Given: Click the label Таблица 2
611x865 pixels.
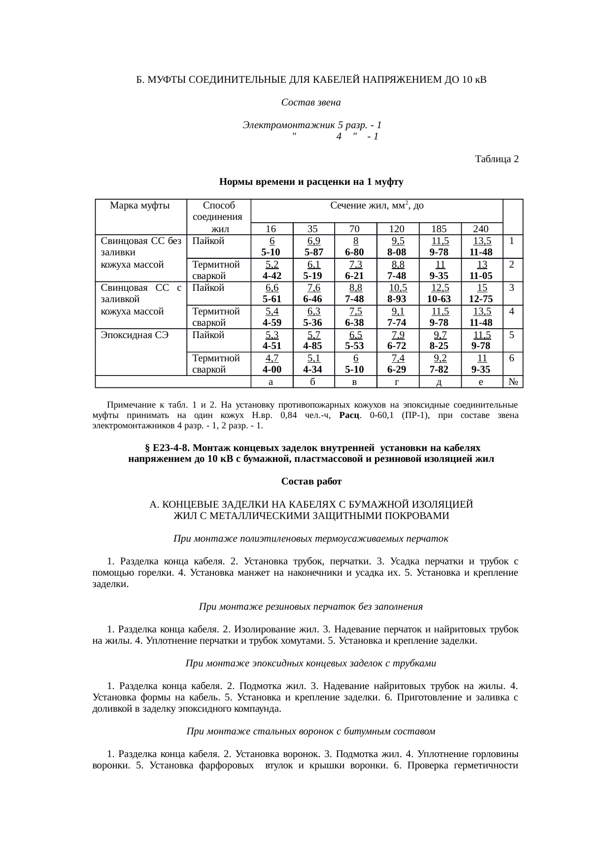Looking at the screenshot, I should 496,159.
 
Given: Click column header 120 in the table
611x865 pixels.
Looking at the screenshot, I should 397,229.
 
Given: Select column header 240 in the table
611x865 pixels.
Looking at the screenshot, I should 481,229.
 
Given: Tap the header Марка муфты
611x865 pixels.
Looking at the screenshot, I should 140,206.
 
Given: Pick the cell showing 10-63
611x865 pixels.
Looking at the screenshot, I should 439,299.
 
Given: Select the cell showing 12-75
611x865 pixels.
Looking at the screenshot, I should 481,299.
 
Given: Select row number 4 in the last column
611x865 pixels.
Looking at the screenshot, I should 512,311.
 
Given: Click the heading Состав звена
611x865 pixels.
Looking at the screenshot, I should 310,103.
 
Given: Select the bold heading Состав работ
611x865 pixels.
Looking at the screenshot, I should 311,481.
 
